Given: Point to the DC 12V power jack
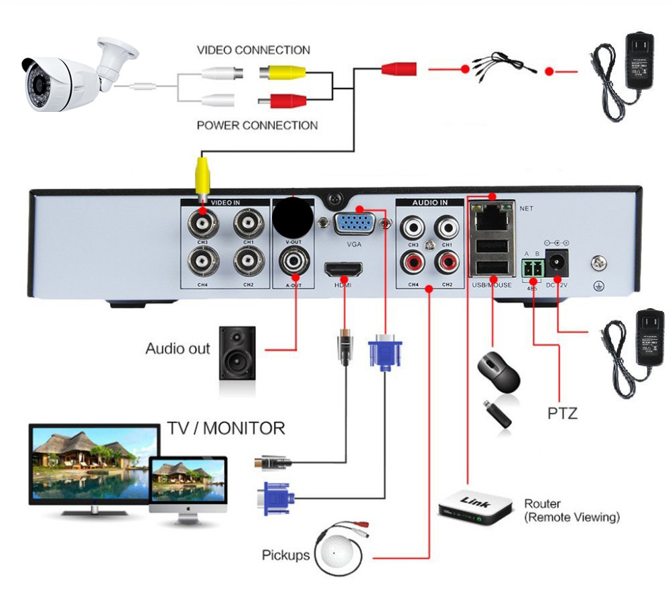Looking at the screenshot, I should point(557,263).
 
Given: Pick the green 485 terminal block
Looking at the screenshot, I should point(532,269).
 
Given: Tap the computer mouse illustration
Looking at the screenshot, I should point(498,373).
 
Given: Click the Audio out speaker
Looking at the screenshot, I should point(237,352).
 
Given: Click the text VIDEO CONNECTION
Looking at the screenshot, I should point(253,50).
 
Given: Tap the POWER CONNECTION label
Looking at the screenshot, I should point(257,125).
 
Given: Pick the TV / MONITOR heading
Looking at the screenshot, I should point(225,428).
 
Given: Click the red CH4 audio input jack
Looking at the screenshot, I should point(410,262).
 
